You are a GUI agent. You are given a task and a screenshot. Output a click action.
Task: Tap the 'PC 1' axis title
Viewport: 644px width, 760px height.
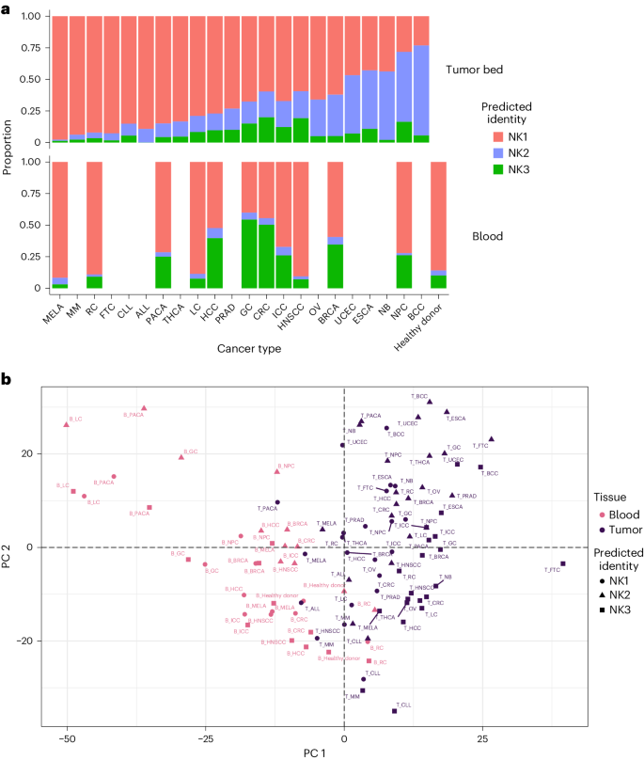click(x=344, y=752)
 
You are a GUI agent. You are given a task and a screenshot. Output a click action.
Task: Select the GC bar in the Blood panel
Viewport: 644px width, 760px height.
click(x=249, y=226)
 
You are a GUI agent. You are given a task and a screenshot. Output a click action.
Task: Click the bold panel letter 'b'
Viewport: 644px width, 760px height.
click(x=8, y=380)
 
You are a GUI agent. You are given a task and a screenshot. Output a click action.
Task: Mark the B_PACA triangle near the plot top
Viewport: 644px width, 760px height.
click(x=144, y=409)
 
